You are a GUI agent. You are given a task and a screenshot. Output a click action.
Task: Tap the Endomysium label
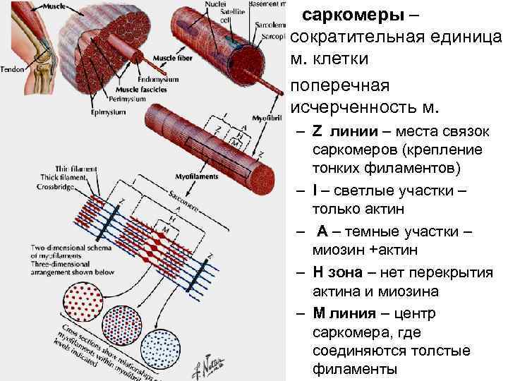click(x=159, y=80)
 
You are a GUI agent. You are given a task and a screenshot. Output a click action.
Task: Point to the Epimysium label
click(x=108, y=111)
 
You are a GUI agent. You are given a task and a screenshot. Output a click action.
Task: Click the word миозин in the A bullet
click(x=338, y=250)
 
